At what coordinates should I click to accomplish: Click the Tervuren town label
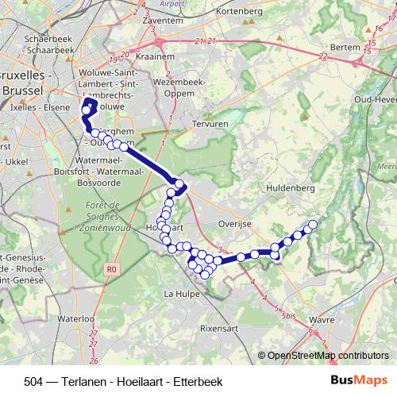click(210, 125)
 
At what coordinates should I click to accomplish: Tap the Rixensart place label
click(220, 326)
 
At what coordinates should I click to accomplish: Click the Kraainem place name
click(156, 59)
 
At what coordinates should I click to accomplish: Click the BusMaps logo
click(360, 380)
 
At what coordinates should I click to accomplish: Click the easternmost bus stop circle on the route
click(312, 225)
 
